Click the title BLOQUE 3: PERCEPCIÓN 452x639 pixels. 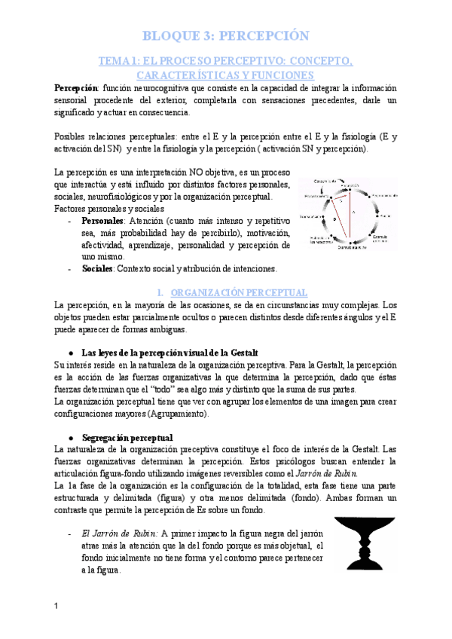226,35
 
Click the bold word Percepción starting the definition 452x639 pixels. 75,88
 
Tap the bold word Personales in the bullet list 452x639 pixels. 103,221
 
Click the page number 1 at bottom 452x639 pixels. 56,607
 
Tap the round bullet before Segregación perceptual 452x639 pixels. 70,438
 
